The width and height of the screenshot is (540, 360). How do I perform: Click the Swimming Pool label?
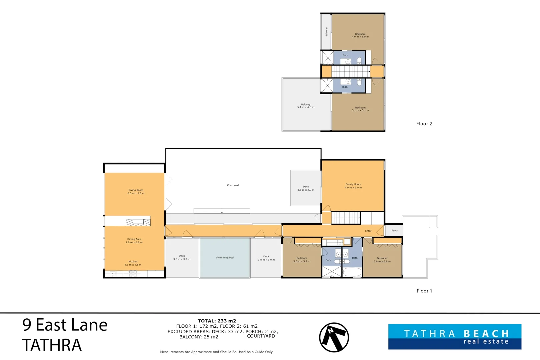pos(225,258)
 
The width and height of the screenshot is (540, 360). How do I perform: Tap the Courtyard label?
pos(233,185)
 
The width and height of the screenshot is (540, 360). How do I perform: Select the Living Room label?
pos(136,190)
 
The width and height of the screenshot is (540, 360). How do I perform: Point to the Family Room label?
pos(353,184)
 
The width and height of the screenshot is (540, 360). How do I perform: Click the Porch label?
pos(395,231)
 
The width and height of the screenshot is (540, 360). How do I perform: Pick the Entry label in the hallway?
pos(368,231)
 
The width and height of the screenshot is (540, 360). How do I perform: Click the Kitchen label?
pos(133,261)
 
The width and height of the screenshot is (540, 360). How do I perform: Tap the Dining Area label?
pos(134,239)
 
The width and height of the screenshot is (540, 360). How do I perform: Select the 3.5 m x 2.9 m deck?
pos(305,188)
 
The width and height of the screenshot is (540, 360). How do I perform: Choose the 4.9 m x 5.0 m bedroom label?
pos(360,35)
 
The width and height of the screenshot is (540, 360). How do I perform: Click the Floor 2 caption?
pos(424,124)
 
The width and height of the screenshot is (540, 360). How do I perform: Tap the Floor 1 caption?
pos(424,291)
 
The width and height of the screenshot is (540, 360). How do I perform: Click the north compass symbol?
pos(334,337)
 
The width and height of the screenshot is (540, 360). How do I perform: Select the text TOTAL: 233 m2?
pos(217,321)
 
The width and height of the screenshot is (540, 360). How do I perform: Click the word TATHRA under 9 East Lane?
pos(52,345)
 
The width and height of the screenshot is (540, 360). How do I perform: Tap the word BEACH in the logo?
pos(486,334)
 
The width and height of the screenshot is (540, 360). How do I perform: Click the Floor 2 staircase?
pos(351,72)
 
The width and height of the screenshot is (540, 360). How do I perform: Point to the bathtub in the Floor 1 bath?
pos(352,272)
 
